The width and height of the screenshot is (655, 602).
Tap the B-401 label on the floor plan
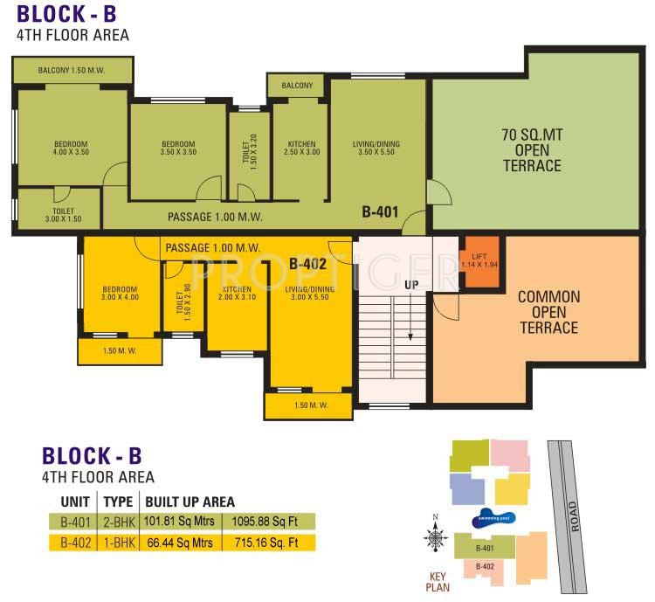(381, 211)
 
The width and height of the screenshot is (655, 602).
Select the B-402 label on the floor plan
(308, 262)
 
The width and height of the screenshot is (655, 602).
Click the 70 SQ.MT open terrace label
(531, 150)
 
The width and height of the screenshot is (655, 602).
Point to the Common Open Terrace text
(548, 312)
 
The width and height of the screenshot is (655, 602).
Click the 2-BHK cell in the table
(118, 522)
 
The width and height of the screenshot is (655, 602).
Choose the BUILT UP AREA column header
(190, 502)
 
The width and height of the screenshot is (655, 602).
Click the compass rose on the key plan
(434, 537)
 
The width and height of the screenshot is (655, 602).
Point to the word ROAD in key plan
(573, 515)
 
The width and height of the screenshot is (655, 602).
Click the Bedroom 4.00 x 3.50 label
(70, 149)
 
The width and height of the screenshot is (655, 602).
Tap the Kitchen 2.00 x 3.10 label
(236, 294)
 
